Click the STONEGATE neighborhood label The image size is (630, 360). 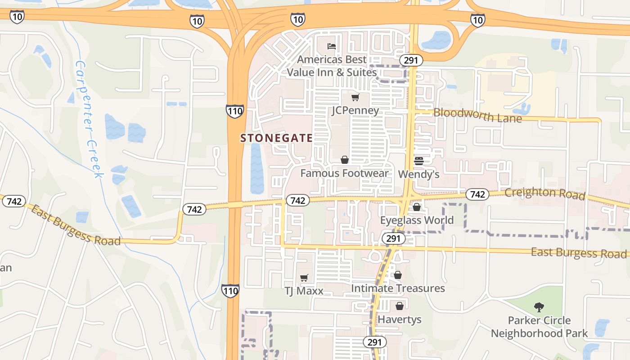pyautogui.click(x=276, y=138)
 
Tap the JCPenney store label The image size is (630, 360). pyautogui.click(x=355, y=111)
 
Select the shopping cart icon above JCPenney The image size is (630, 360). pyautogui.click(x=355, y=97)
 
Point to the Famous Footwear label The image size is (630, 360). pyautogui.click(x=344, y=173)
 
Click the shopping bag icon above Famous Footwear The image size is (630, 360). pyautogui.click(x=344, y=160)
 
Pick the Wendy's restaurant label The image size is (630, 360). pyautogui.click(x=418, y=174)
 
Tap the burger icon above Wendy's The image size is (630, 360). pyautogui.click(x=418, y=161)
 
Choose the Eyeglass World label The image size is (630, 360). pyautogui.click(x=417, y=220)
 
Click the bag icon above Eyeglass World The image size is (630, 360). pyautogui.click(x=417, y=207)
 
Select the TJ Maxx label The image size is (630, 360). pyautogui.click(x=304, y=291)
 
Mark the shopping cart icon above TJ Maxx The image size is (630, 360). pyautogui.click(x=304, y=278)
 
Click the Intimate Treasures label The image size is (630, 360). pyautogui.click(x=398, y=288)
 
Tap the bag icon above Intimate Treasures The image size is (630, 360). pyautogui.click(x=398, y=274)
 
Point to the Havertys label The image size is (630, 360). pyautogui.click(x=400, y=319)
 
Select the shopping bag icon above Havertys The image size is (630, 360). pyautogui.click(x=400, y=306)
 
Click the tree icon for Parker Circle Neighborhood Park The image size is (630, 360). pyautogui.click(x=539, y=307)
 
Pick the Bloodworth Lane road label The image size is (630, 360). pyautogui.click(x=477, y=115)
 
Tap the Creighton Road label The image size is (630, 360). pyautogui.click(x=544, y=193)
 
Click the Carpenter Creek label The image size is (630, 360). pyautogui.click(x=89, y=119)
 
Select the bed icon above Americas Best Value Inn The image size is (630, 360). pyautogui.click(x=332, y=46)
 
